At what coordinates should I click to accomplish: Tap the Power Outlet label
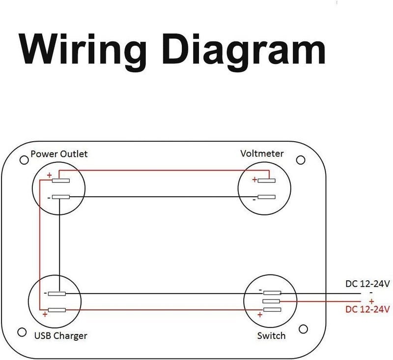point(59,154)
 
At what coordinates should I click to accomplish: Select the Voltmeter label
point(262,153)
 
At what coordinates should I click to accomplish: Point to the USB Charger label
point(60,336)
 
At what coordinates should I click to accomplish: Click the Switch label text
point(272,336)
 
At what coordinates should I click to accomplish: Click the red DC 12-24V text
point(367,309)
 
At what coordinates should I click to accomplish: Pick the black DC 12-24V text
point(367,284)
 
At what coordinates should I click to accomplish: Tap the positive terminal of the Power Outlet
point(60,180)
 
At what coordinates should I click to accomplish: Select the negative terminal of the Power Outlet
point(60,197)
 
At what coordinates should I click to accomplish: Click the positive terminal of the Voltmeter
point(267,180)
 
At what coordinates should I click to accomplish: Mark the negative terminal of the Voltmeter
point(267,197)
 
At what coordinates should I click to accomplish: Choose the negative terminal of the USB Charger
point(57,294)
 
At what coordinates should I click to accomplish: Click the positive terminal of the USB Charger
point(57,310)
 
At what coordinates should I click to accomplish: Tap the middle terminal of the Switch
point(271,301)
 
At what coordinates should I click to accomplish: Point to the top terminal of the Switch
point(272,293)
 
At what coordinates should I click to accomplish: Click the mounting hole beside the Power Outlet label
point(24,160)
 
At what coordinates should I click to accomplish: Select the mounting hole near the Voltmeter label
point(301,160)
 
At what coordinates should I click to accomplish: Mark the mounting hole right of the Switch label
point(303,329)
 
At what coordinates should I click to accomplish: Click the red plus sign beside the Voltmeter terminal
point(254,180)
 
